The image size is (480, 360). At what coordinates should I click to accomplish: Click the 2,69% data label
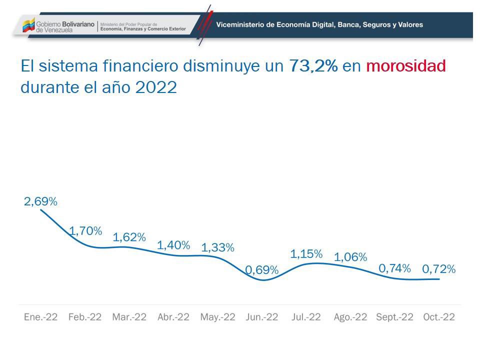pyautogui.click(x=40, y=202)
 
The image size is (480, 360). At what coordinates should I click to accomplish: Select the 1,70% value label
pyautogui.click(x=85, y=231)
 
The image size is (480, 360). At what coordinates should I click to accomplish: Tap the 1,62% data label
pyautogui.click(x=129, y=237)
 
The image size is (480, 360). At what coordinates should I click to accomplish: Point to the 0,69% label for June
pyautogui.click(x=261, y=270)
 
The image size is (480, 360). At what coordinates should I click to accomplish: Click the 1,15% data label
pyautogui.click(x=306, y=254)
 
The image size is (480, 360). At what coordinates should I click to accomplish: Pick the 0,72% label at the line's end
pyautogui.click(x=438, y=269)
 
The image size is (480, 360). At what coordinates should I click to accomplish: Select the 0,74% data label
pyautogui.click(x=394, y=268)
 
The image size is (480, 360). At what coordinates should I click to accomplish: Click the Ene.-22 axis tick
pyautogui.click(x=40, y=317)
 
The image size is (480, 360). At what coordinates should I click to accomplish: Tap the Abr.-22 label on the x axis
pyautogui.click(x=173, y=317)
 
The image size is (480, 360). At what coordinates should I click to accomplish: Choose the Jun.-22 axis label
pyautogui.click(x=262, y=317)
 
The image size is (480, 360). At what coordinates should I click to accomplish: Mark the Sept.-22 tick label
pyautogui.click(x=394, y=317)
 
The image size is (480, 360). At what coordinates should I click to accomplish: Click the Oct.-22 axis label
pyautogui.click(x=439, y=317)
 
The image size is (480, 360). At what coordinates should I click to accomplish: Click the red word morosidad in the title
pyautogui.click(x=405, y=66)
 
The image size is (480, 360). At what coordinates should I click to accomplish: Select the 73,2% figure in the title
pyautogui.click(x=313, y=66)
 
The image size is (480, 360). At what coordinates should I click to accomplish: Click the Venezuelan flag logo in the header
pyautogui.click(x=28, y=24)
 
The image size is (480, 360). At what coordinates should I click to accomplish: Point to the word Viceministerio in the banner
pyautogui.click(x=240, y=24)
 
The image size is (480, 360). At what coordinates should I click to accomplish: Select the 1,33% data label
pyautogui.click(x=217, y=247)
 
